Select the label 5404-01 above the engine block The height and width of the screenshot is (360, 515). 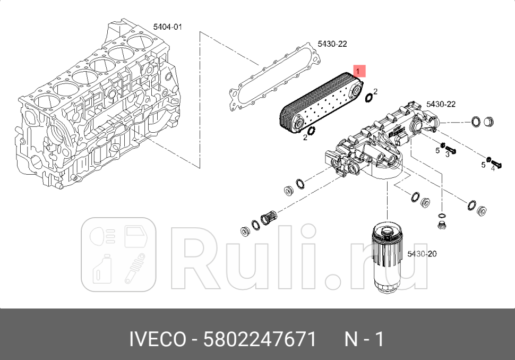pyautogui.click(x=167, y=27)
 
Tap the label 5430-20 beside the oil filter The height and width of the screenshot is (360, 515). pyautogui.click(x=422, y=254)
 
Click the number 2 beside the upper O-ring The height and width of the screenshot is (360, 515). pyautogui.click(x=375, y=91)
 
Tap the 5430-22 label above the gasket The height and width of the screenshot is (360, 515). pyautogui.click(x=332, y=44)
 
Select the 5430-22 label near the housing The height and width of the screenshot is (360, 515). pyautogui.click(x=441, y=104)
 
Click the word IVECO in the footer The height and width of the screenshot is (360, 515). pyautogui.click(x=158, y=339)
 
